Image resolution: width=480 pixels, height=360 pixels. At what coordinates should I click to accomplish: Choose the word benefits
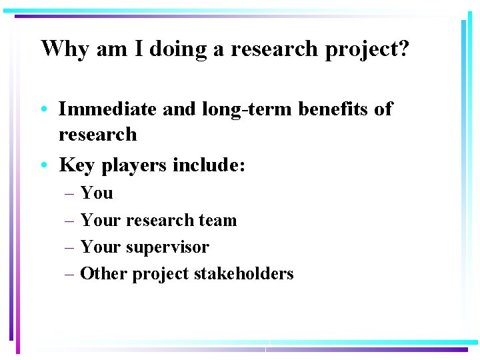coord(337,109)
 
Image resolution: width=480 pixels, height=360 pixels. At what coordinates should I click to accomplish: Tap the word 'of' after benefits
coord(383,109)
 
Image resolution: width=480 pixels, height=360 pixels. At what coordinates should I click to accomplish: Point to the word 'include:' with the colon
coord(209,164)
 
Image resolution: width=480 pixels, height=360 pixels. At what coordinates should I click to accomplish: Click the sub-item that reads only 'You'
coord(97,193)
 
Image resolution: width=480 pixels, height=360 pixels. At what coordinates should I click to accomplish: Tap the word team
coord(218,220)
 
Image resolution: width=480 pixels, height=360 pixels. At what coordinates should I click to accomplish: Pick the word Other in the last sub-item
coord(103,273)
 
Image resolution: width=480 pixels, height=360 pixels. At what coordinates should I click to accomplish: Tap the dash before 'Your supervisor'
coord(70,247)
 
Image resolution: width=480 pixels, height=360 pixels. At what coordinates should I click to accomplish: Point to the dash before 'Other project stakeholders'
coord(70,274)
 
